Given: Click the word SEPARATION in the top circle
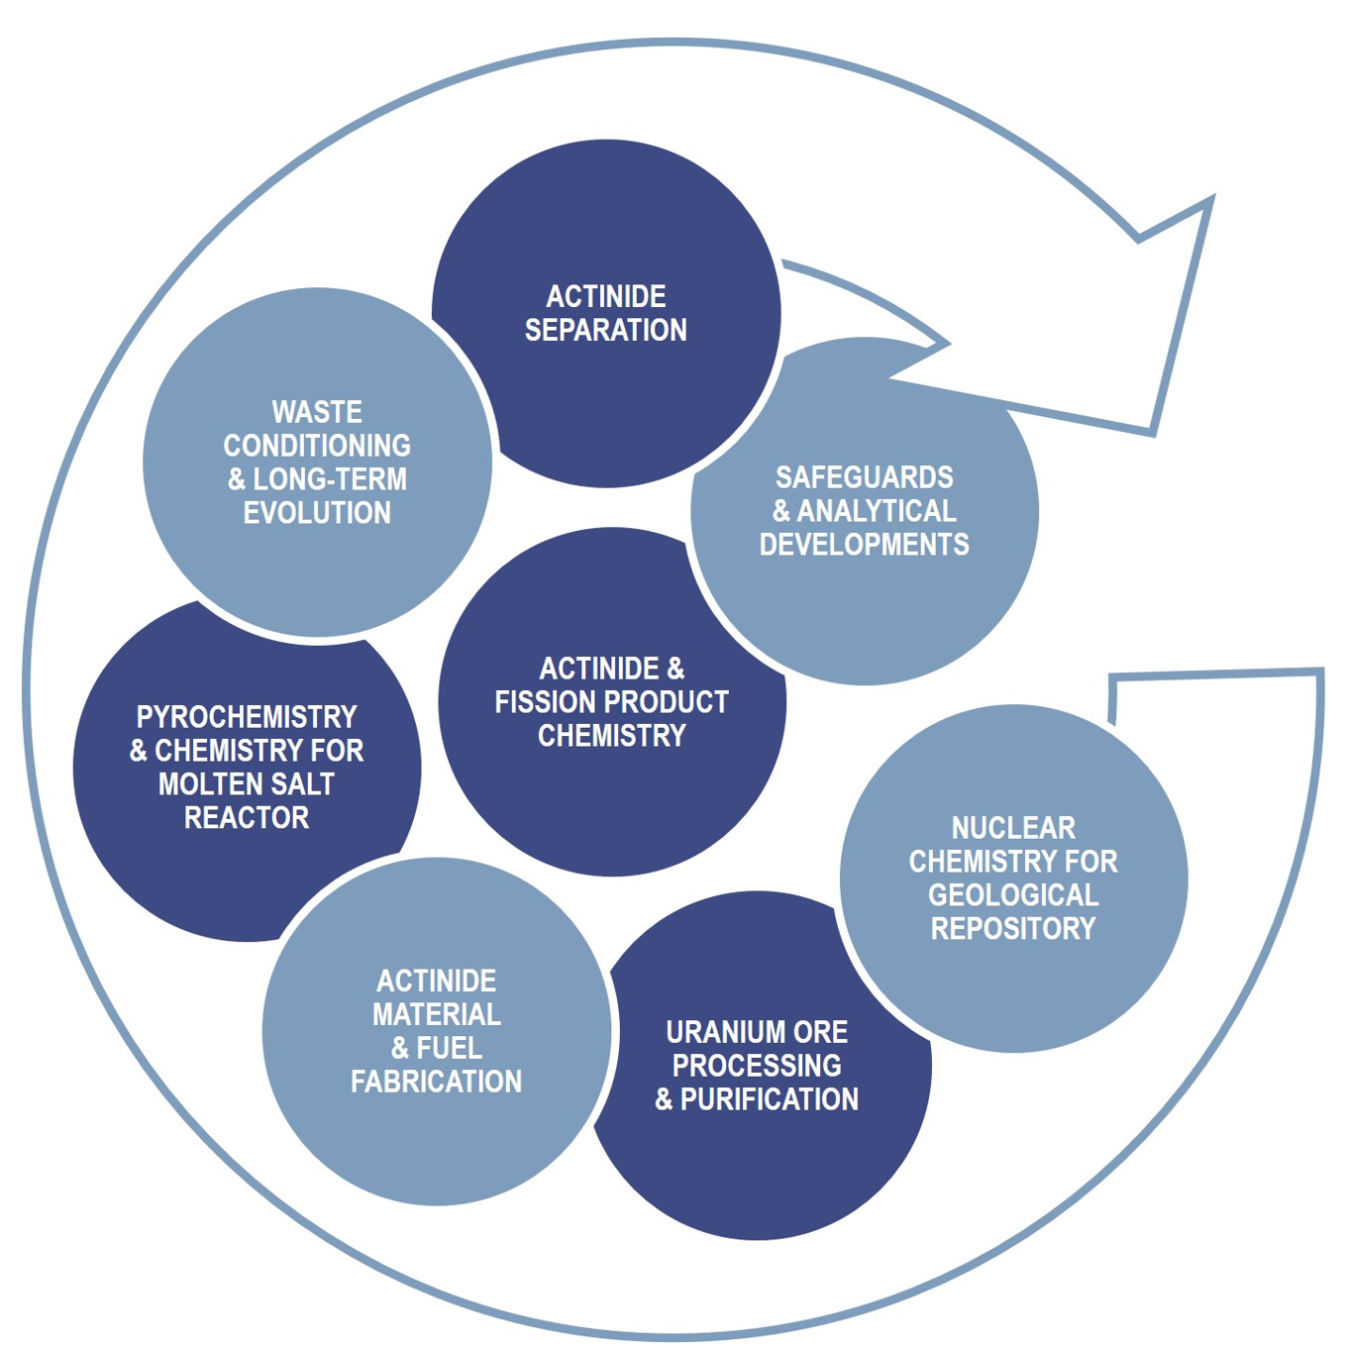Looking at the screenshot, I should tap(605, 330).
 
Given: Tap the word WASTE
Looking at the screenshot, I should tap(317, 412).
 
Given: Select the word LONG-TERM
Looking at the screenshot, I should tap(330, 479).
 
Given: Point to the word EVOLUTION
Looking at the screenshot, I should tap(317, 513).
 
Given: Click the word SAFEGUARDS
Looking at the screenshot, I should tap(864, 477).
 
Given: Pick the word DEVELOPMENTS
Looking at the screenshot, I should tap(864, 545).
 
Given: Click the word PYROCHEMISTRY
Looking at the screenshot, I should tap(247, 717).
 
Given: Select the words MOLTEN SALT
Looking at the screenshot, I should tap(247, 784).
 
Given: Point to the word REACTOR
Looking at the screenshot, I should tap(247, 818).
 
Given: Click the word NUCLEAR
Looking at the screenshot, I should tap(1013, 828).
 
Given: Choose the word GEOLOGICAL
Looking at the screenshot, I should tap(1013, 895).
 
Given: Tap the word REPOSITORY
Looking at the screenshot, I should tap(1013, 929).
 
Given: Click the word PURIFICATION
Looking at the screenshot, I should tap(769, 1099).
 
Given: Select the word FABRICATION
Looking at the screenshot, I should tap(436, 1082).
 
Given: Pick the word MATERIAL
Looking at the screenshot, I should tap(436, 1014).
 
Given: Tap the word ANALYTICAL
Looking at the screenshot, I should tap(877, 511).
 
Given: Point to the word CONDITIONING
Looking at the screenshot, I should tap(317, 446).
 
